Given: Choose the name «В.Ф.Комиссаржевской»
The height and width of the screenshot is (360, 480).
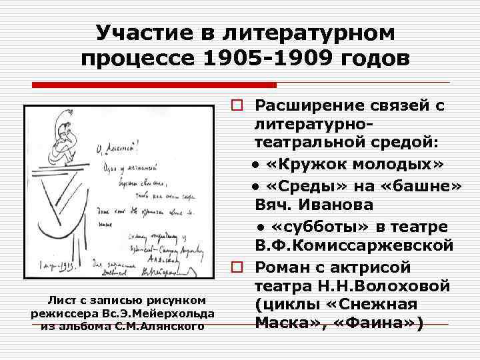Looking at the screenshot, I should coord(353,245).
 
